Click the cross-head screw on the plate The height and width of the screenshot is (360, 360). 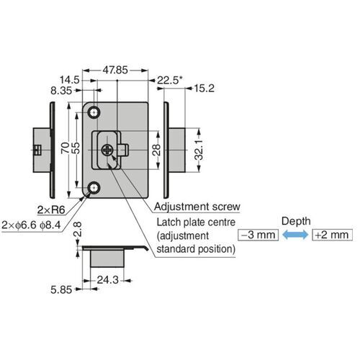(x=108, y=150)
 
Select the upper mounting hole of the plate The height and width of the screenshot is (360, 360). (x=94, y=113)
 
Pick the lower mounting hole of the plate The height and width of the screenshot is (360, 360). (x=94, y=189)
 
